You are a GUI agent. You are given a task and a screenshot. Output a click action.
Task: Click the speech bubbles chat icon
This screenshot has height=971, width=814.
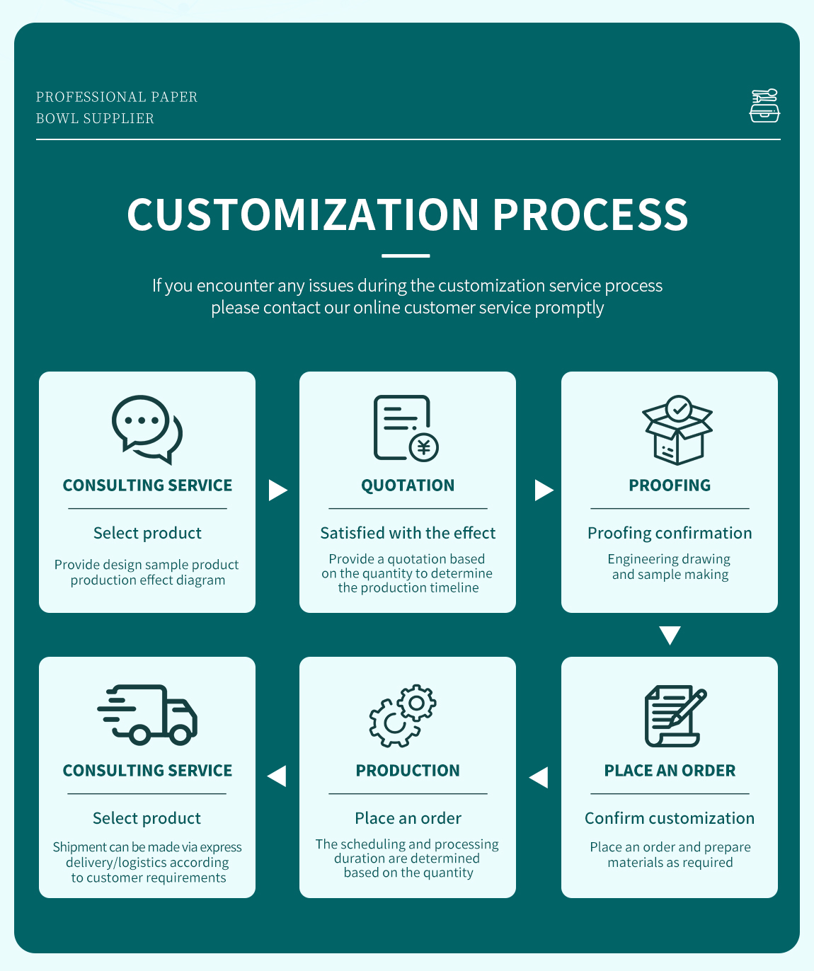[x=147, y=429]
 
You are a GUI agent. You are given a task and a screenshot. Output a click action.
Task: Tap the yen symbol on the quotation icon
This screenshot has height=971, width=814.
[x=423, y=447]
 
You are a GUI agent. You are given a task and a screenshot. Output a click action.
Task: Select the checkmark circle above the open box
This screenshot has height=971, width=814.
[x=679, y=409]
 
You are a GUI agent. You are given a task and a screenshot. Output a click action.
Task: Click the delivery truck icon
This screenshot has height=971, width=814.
[x=147, y=714]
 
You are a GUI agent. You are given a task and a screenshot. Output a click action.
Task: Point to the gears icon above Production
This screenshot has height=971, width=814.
[x=403, y=716]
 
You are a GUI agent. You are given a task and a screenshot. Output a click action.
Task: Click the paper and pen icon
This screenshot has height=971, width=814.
[x=676, y=716]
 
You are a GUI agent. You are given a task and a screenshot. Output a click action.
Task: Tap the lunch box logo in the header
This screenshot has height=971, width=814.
[x=764, y=105]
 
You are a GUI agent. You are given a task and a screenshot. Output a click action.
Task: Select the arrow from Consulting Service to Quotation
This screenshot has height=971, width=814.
[x=277, y=490]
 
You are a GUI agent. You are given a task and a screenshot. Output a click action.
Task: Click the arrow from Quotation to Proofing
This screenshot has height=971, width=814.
[x=544, y=490]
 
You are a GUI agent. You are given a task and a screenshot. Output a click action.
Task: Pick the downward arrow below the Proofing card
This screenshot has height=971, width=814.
[x=670, y=635]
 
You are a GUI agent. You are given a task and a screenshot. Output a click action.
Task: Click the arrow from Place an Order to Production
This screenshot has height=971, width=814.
[x=539, y=777]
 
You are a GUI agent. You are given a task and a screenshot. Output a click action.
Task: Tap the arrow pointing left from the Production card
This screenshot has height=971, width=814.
[x=277, y=776]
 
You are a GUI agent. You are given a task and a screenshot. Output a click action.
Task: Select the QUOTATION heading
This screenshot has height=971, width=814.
[x=408, y=485]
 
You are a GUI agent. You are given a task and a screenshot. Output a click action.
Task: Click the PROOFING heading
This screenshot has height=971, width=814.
[x=670, y=485]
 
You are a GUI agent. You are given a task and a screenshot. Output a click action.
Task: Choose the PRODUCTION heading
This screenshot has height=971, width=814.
[x=408, y=771]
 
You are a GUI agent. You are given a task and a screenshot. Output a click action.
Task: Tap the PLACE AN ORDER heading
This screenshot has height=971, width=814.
[x=670, y=771]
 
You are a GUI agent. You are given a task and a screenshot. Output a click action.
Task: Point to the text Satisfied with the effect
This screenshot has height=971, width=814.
[x=408, y=533]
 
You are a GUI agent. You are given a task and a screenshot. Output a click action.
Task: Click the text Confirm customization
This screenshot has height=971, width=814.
[x=670, y=818]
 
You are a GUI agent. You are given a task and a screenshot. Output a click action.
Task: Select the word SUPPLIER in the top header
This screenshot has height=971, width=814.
[x=118, y=119]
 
